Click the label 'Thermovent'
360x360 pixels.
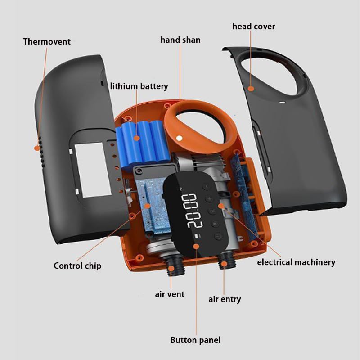coord(47,42)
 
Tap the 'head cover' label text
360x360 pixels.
coord(253,27)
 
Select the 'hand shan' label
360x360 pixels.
coord(180,40)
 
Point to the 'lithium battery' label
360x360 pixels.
coord(139,86)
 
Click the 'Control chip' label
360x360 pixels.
coord(77,265)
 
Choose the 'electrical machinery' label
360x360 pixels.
coord(296,262)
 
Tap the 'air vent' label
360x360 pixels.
coord(170,294)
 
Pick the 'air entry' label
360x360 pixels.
coord(225,299)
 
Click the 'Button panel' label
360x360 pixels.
coord(195,340)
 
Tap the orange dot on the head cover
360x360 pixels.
coord(251,89)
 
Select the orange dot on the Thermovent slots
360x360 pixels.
coord(36,148)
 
